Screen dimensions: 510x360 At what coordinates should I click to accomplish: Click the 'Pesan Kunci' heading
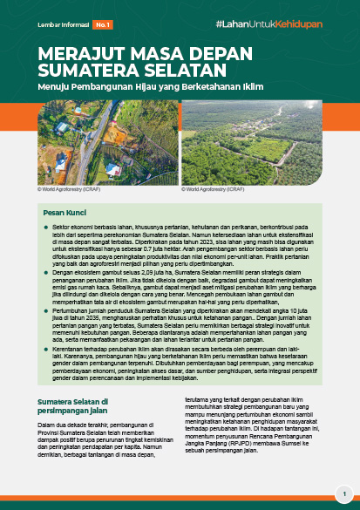[x=63, y=212]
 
